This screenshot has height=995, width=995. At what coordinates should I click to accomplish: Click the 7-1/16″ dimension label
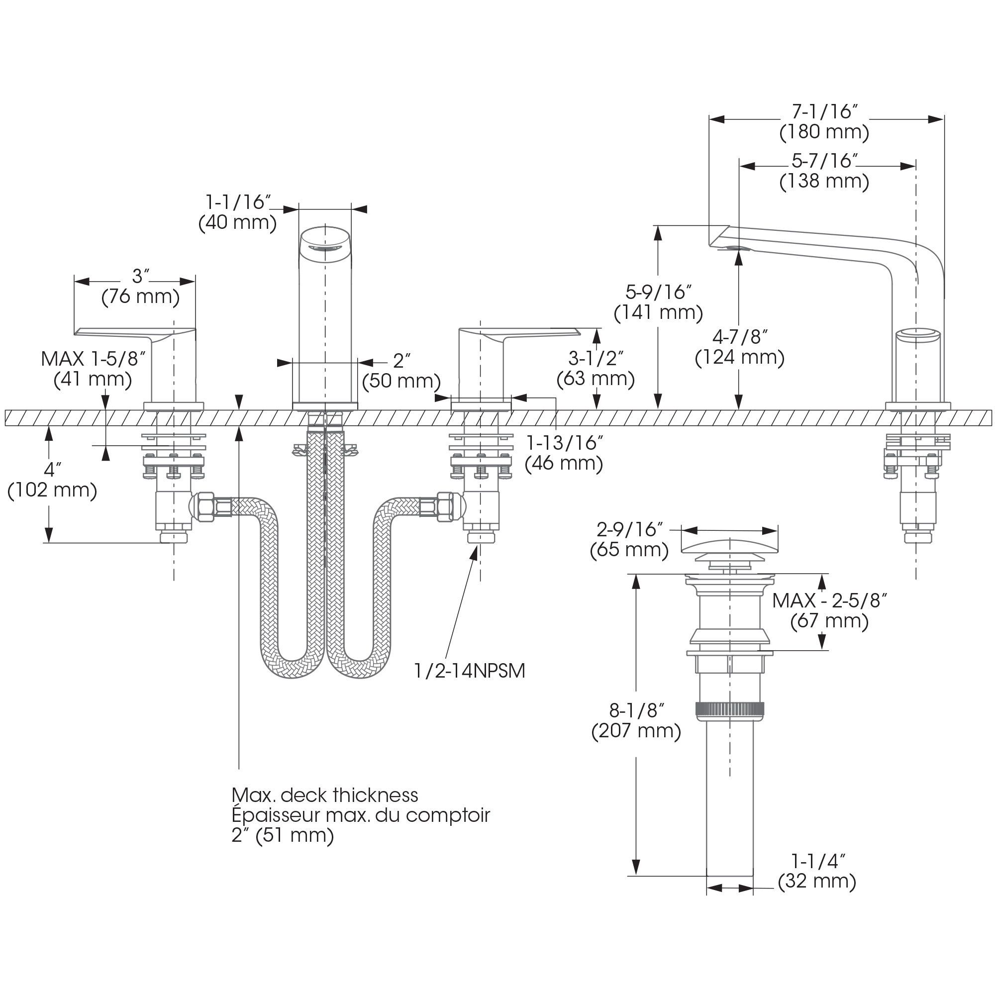[x=824, y=112]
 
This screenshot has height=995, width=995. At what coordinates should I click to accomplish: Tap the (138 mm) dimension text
[x=824, y=181]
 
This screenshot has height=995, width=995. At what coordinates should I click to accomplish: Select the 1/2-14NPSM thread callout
[x=470, y=671]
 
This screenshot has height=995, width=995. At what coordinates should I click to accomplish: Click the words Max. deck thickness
[x=324, y=795]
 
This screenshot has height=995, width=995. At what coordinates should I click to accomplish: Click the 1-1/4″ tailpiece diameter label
[x=818, y=861]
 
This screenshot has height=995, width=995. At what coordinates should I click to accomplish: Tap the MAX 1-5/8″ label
[x=93, y=359]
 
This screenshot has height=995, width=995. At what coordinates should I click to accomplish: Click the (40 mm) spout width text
[x=237, y=222]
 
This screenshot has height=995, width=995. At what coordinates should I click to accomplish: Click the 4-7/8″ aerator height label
[x=740, y=337]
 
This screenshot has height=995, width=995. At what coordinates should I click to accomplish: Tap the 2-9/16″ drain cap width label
[x=629, y=529]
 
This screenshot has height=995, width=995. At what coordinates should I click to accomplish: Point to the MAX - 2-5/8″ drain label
[x=829, y=600]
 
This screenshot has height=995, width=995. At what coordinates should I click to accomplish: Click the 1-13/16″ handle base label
[x=564, y=442]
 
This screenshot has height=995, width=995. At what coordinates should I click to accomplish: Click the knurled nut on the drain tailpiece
[x=729, y=710]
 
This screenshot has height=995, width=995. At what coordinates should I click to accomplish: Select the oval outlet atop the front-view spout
[x=325, y=248]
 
